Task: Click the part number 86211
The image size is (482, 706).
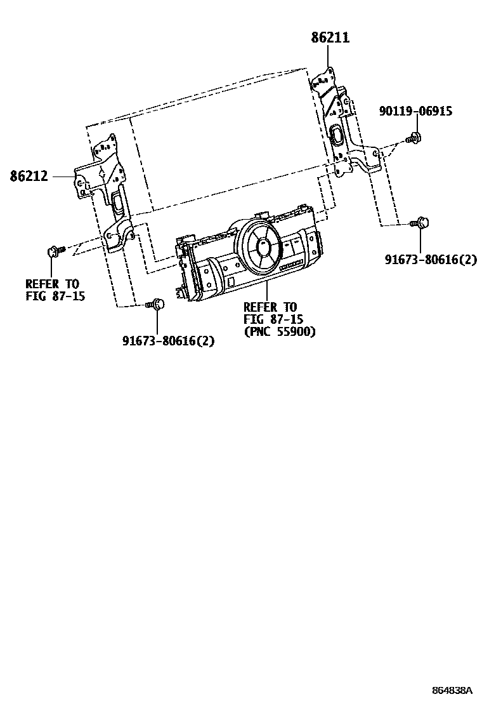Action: [330, 38]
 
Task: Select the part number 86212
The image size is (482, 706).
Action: [29, 176]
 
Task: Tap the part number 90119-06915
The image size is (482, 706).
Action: [416, 111]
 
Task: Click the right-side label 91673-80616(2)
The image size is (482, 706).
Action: [430, 259]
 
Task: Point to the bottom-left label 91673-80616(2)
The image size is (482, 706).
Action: [168, 340]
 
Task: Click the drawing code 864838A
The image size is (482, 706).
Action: [453, 689]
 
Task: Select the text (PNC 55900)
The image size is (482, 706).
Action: [279, 331]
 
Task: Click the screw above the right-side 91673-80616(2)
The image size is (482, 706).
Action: [421, 223]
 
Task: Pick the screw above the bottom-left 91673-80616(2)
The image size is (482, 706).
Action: [156, 304]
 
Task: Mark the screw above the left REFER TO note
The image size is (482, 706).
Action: [53, 251]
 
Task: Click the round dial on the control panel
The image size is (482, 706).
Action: [262, 248]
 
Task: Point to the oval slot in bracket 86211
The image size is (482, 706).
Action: [336, 134]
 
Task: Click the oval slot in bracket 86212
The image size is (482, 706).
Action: [119, 202]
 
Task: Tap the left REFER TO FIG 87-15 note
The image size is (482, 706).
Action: [55, 290]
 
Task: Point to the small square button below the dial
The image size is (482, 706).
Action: [231, 281]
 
